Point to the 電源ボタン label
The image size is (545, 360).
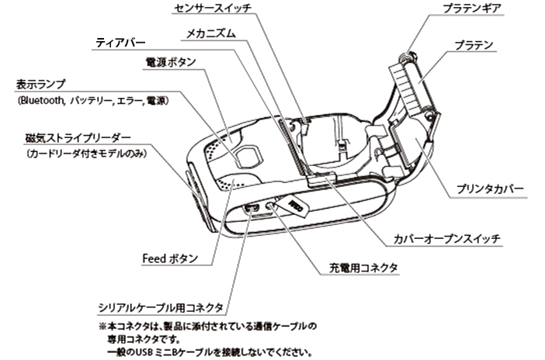[170, 61]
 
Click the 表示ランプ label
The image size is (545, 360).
[40, 85]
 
